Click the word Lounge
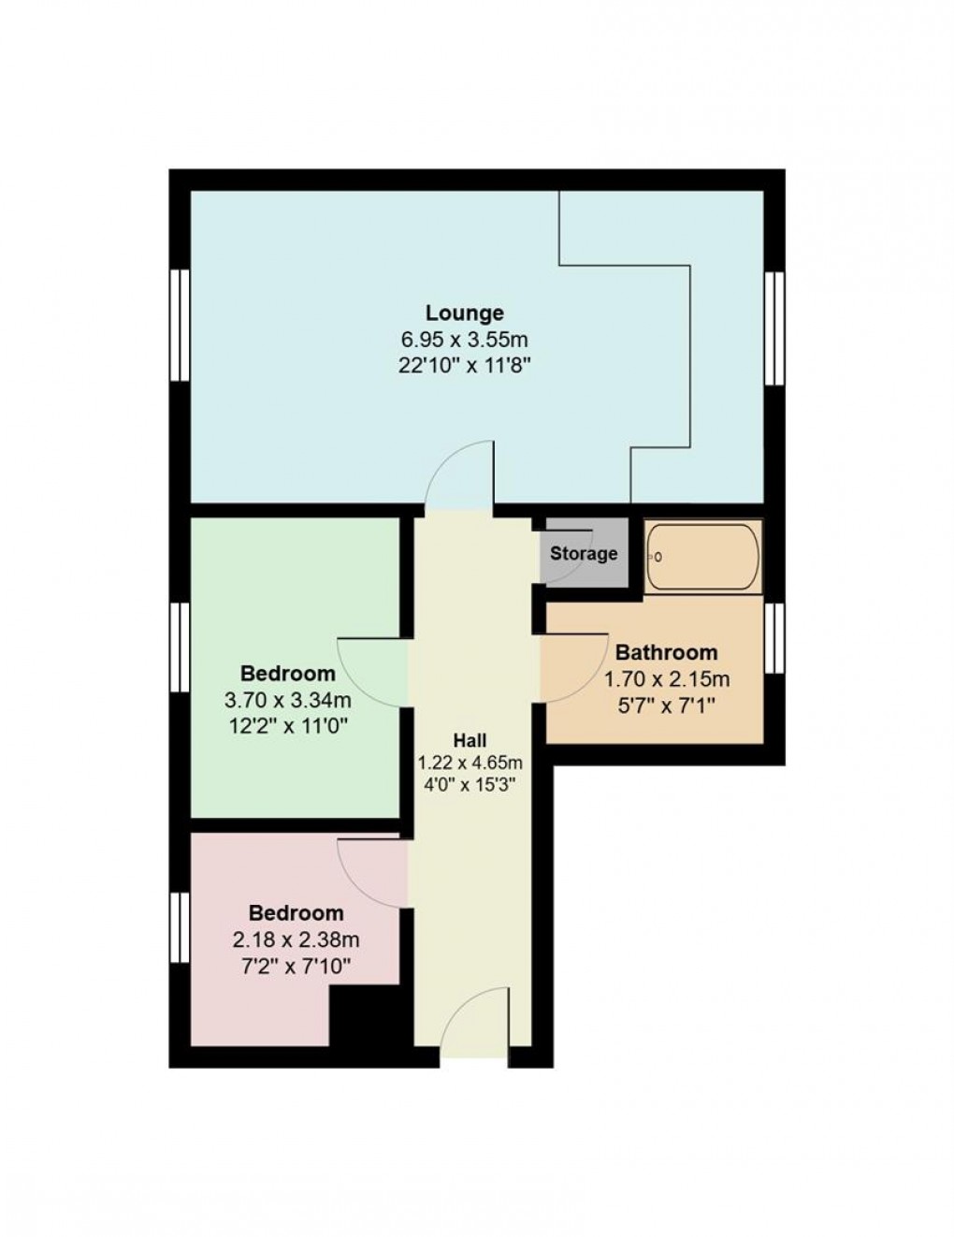tap(465, 313)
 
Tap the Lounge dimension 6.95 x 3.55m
tap(465, 339)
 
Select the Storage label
tap(584, 553)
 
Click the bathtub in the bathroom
tap(703, 557)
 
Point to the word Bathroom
tap(666, 652)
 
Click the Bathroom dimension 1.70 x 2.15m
tap(666, 678)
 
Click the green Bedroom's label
tap(287, 673)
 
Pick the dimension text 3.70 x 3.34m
tap(287, 699)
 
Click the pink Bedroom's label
tap(296, 912)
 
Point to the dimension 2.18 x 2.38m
tap(296, 939)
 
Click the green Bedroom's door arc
tap(372, 671)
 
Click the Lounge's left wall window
tap(180, 325)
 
